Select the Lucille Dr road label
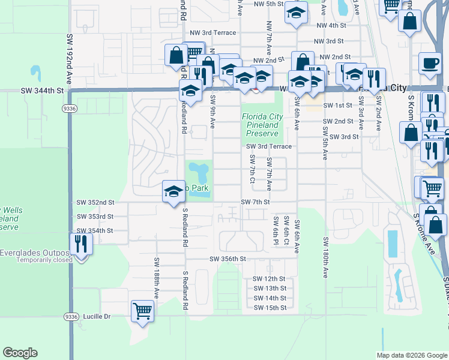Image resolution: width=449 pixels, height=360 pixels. click(98, 316)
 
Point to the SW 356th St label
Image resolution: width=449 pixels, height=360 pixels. click(228, 259)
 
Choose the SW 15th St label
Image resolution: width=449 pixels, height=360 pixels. click(270, 308)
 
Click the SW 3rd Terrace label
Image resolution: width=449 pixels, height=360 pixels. click(269, 146)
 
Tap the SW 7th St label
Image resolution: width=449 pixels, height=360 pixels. click(255, 202)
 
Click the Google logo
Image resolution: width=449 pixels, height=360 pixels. click(20, 353)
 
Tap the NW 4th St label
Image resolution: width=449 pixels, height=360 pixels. click(331, 26)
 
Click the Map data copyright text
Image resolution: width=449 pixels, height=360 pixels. click(411, 355)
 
